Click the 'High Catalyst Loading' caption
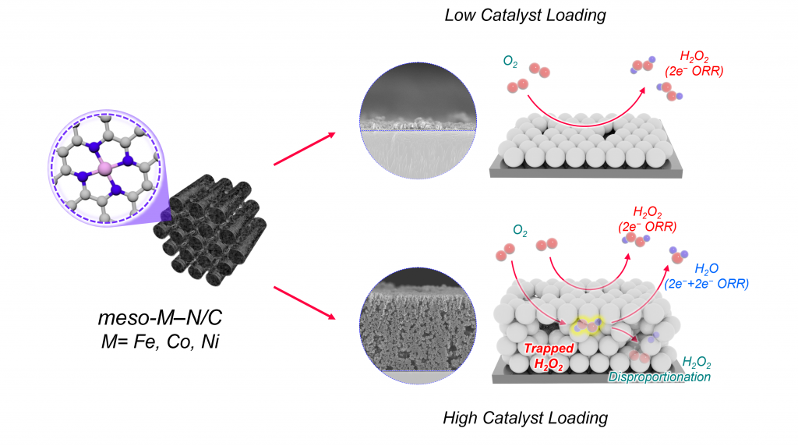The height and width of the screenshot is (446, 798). tap(524, 418)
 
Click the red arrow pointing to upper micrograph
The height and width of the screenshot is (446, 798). tap(305, 149)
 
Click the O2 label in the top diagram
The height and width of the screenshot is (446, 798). tap(503, 60)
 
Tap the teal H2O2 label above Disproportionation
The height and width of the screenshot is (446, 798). tap(697, 363)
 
